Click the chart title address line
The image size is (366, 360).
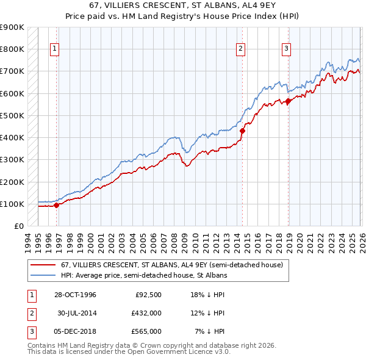(182, 5)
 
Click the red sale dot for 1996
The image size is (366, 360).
(57, 206)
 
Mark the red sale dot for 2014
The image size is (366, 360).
(242, 131)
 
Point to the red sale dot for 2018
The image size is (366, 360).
(288, 101)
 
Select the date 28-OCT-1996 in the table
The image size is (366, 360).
(74, 295)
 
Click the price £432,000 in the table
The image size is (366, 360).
(146, 313)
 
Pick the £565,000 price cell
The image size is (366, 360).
(146, 331)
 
